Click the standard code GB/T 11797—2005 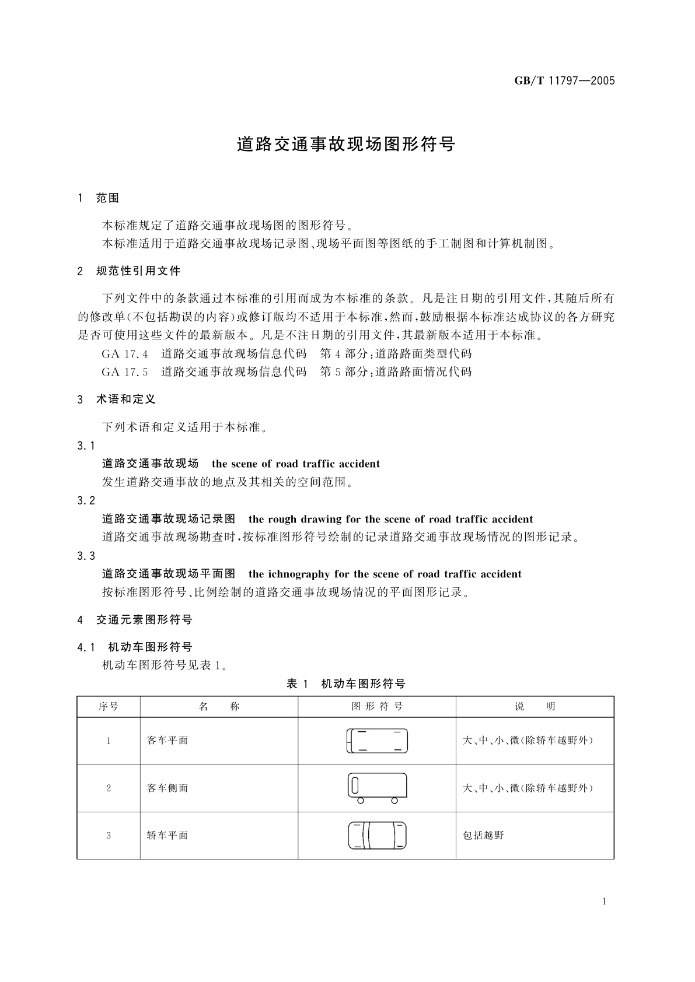click(x=564, y=81)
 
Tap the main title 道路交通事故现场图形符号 click(x=346, y=145)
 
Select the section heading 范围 click(x=107, y=198)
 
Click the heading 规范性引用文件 click(x=138, y=271)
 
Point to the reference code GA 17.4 click(x=125, y=354)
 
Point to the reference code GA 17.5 click(x=125, y=372)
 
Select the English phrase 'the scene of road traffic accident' click(x=296, y=464)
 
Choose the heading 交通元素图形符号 click(x=144, y=619)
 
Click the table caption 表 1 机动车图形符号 click(x=346, y=684)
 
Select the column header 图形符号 click(x=377, y=707)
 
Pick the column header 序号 click(x=109, y=707)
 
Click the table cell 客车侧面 click(x=167, y=788)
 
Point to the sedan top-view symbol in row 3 click(x=377, y=836)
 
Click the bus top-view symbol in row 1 click(x=377, y=741)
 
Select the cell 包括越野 click(x=483, y=836)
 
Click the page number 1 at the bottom click(x=604, y=902)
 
